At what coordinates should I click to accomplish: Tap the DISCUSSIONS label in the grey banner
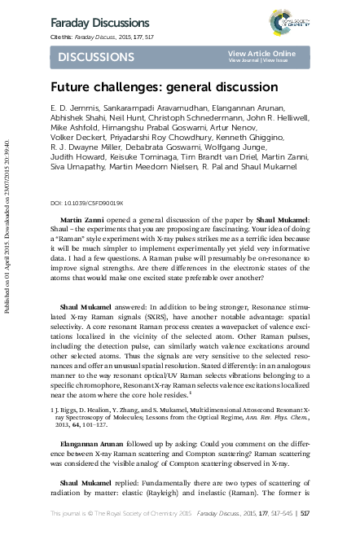click(x=96, y=57)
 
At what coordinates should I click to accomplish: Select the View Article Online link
click(x=261, y=53)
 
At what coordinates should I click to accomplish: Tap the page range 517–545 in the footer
click(x=270, y=513)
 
